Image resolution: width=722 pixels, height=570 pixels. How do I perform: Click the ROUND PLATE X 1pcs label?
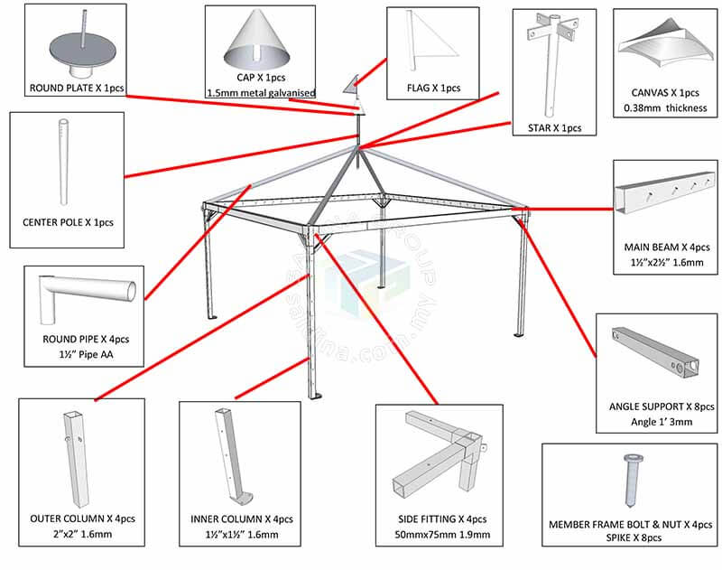(76, 89)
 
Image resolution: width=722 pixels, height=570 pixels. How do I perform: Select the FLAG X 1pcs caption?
(434, 88)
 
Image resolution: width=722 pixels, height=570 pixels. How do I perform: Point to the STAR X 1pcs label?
(554, 127)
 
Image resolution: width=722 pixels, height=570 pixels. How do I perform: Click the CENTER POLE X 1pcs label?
(68, 222)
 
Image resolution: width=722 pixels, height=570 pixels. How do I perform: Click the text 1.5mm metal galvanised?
(260, 92)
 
